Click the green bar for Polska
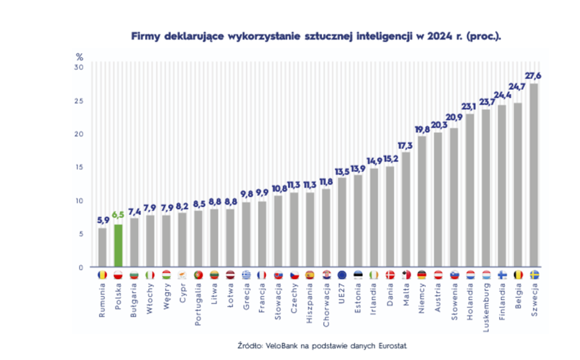point(118,246)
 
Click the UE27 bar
point(341,222)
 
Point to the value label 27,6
point(534,75)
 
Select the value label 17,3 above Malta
point(405,145)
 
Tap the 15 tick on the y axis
point(79,167)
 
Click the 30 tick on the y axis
point(79,67)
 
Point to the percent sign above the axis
point(79,57)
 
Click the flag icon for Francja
point(261,275)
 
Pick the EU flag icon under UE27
point(341,275)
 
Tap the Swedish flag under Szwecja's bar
point(534,275)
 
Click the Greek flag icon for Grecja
point(245,275)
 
